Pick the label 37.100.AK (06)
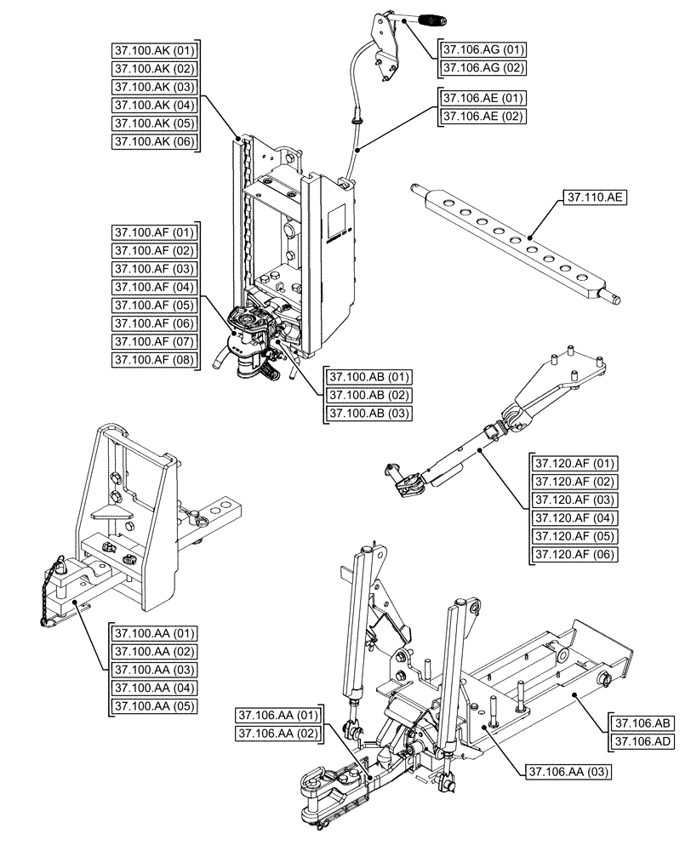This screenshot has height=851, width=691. coord(154,142)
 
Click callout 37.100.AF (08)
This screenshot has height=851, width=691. coord(154,360)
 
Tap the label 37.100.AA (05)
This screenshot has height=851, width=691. coord(154,705)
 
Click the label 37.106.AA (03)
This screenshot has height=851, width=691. coord(567,772)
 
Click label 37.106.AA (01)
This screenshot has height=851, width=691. coord(277,715)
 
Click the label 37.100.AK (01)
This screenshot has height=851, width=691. coord(154,50)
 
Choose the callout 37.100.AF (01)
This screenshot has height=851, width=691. coord(154,232)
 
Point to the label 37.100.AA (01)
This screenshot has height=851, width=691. coord(154,633)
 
